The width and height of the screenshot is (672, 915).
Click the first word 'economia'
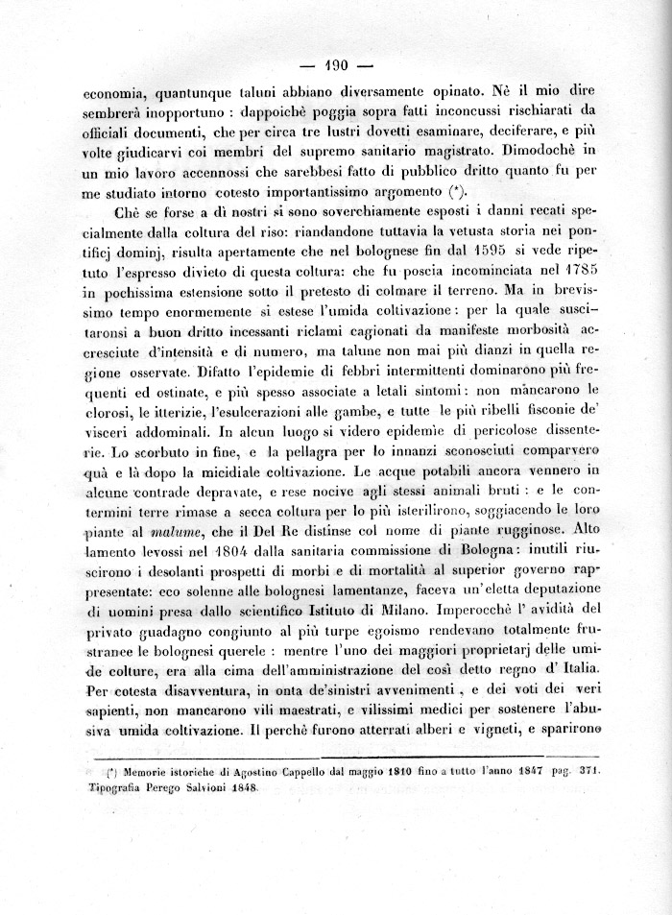[x=115, y=94]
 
